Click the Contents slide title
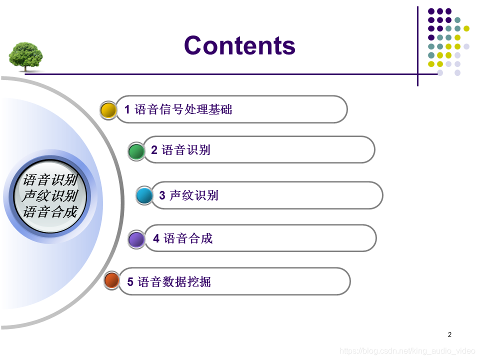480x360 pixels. [239, 45]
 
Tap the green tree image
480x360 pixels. [25, 57]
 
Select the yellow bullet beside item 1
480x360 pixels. [108, 110]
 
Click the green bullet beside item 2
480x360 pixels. [136, 151]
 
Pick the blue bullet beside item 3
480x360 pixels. [144, 195]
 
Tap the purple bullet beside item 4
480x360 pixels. [136, 239]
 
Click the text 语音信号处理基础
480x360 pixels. [183, 109]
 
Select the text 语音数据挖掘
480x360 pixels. [174, 281]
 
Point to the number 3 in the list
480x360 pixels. [162, 195]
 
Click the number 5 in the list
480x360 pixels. [130, 281]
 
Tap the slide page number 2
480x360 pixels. [449, 334]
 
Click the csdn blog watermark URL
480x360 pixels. [407, 350]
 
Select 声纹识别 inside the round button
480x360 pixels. [50, 196]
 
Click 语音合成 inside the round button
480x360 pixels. [50, 212]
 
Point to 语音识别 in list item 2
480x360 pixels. [186, 149]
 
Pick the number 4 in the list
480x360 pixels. [156, 238]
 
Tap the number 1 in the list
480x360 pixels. [127, 109]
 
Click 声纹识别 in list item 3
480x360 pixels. [194, 195]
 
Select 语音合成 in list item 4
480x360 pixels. [188, 238]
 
